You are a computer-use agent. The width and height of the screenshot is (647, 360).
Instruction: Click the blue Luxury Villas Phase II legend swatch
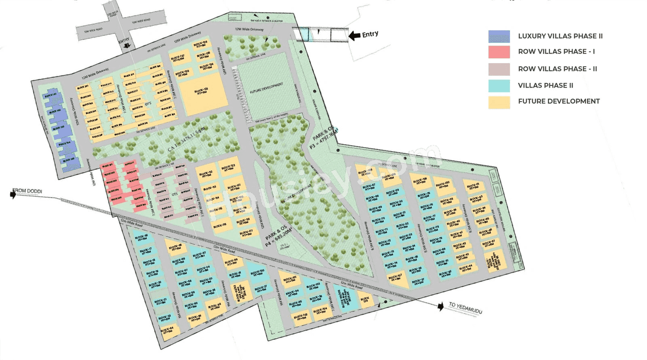pyautogui.click(x=499, y=36)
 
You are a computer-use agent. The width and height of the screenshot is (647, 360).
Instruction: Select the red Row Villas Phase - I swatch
pyautogui.click(x=499, y=52)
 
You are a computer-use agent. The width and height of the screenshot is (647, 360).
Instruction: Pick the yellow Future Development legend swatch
pyautogui.click(x=499, y=102)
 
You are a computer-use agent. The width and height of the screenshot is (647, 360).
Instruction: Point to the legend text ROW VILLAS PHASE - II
pyautogui.click(x=558, y=69)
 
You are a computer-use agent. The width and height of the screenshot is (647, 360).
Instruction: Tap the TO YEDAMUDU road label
pyautogui.click(x=465, y=308)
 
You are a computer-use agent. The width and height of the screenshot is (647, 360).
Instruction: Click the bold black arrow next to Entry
pyautogui.click(x=355, y=35)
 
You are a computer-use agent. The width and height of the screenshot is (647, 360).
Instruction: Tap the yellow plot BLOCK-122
pyautogui.click(x=229, y=168)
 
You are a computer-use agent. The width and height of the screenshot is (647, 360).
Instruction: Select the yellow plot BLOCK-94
pyautogui.click(x=168, y=330)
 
